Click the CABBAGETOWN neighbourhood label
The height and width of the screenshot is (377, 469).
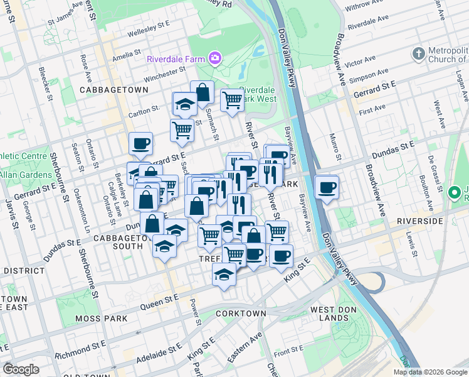point(114,90)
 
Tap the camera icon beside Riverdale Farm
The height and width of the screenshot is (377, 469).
point(215,58)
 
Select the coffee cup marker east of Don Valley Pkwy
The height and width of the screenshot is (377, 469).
point(327,187)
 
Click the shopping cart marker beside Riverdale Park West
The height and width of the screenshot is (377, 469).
point(232,100)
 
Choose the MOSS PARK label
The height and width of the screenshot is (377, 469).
point(101,319)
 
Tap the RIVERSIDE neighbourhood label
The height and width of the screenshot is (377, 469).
point(420,222)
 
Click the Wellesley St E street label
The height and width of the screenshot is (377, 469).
point(149,28)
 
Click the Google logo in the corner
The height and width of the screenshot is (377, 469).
point(21,369)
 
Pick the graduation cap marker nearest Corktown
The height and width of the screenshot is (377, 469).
point(224,275)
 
